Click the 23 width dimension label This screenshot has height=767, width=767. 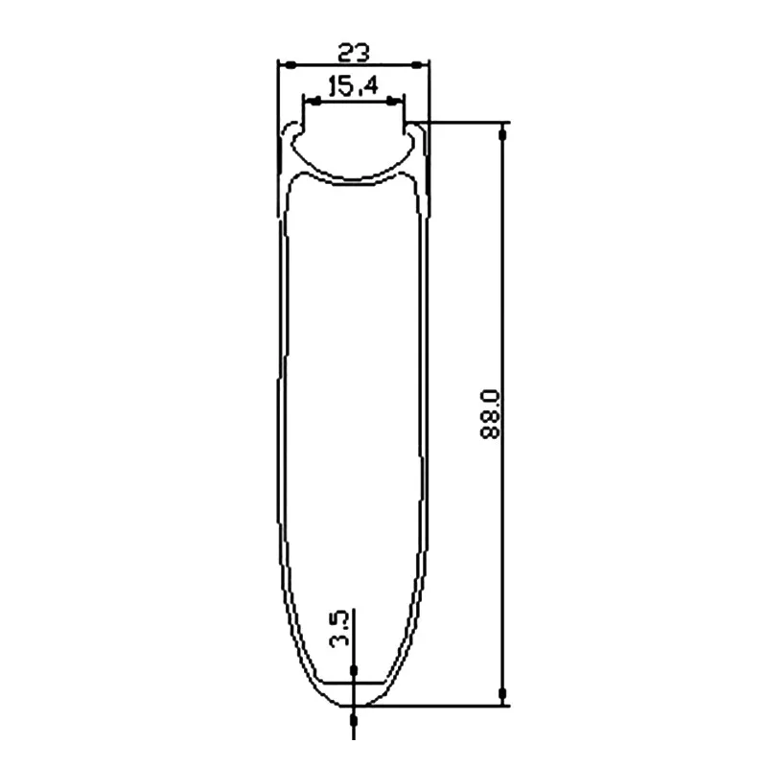tap(354, 53)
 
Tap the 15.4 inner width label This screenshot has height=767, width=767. tap(353, 86)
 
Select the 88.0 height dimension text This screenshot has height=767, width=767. tap(490, 414)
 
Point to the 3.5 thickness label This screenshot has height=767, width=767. tap(339, 629)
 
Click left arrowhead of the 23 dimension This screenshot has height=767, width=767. tap(291, 64)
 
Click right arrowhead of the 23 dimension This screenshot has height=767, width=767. tap(416, 64)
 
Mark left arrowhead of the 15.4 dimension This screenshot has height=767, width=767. tap(315, 102)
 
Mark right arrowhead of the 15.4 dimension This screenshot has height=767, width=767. tap(391, 102)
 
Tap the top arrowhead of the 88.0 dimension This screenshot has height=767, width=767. tap(501, 134)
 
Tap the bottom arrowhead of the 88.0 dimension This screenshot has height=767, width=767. tap(501, 693)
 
